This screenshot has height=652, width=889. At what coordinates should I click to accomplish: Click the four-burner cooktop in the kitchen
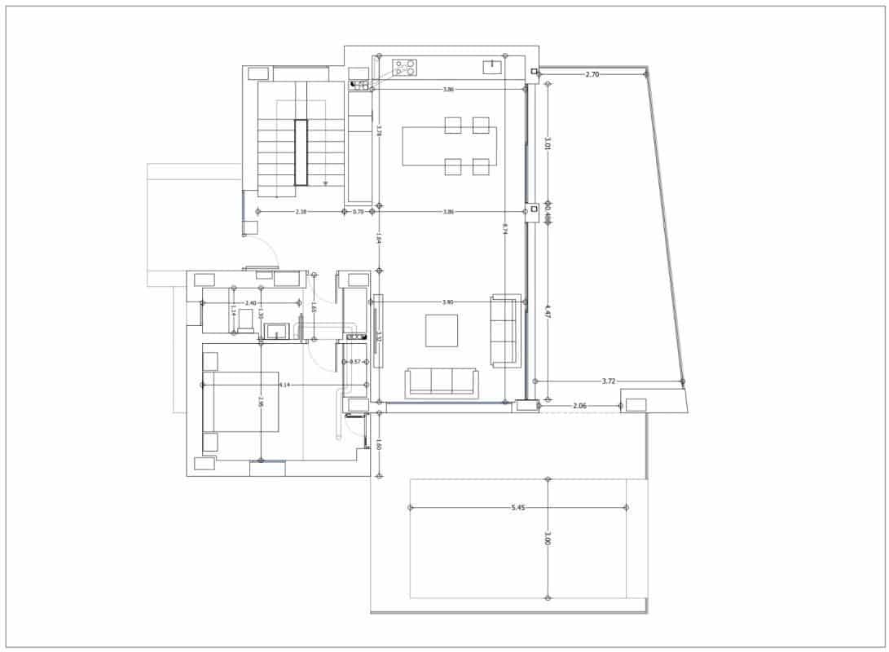[x=405, y=67]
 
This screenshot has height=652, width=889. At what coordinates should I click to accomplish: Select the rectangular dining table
[x=449, y=146]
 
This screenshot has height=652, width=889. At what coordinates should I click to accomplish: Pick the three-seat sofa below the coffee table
[x=441, y=382]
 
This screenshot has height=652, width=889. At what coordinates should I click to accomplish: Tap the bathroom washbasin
[x=277, y=331]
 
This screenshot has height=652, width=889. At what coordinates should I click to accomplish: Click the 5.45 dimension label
[x=518, y=508]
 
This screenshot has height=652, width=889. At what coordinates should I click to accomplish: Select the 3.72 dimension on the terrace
[x=609, y=381]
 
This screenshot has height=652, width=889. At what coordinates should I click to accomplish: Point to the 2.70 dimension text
[x=592, y=74]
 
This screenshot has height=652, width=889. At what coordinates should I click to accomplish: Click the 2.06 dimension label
[x=580, y=405]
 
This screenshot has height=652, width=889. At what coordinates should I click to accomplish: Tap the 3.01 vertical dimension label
[x=548, y=143]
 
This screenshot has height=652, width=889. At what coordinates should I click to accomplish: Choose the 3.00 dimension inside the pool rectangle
[x=548, y=539]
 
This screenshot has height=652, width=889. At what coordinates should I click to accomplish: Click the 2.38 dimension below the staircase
[x=301, y=212]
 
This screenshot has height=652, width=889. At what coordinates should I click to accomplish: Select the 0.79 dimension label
[x=358, y=212]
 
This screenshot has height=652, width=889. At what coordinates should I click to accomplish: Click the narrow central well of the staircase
[x=301, y=153]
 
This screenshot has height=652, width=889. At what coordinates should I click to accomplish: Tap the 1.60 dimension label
[x=379, y=445]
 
